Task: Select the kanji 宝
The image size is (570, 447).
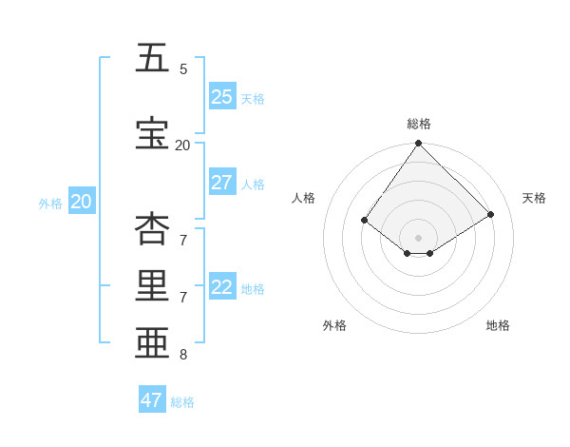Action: pyautogui.click(x=152, y=134)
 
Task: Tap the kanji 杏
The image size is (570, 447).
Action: pyautogui.click(x=152, y=229)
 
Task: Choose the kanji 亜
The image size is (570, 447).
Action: pyautogui.click(x=152, y=341)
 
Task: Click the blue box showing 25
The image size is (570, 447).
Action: pyautogui.click(x=221, y=97)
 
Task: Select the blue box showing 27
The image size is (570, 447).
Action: pyautogui.click(x=221, y=183)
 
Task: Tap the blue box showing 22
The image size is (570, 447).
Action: pyautogui.click(x=221, y=287)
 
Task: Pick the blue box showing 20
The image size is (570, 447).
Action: pyautogui.click(x=81, y=202)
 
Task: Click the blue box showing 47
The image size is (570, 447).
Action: pyautogui.click(x=151, y=400)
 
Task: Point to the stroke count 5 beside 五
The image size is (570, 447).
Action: pyautogui.click(x=183, y=69)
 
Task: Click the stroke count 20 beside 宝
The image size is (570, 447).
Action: pyautogui.click(x=182, y=146)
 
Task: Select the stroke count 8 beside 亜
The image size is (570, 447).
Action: pyautogui.click(x=183, y=355)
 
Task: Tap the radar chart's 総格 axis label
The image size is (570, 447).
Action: pyautogui.click(x=418, y=124)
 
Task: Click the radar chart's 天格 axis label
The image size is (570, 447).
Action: pyautogui.click(x=534, y=198)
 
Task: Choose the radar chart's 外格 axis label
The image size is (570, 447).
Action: pyautogui.click(x=334, y=325)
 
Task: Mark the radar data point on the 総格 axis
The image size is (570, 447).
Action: pyautogui.click(x=418, y=143)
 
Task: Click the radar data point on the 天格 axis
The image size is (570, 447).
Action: pyautogui.click(x=491, y=215)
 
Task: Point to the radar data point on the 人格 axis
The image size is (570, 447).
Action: pyautogui.click(x=364, y=221)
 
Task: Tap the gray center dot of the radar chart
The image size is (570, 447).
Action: pyautogui.click(x=418, y=238)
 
